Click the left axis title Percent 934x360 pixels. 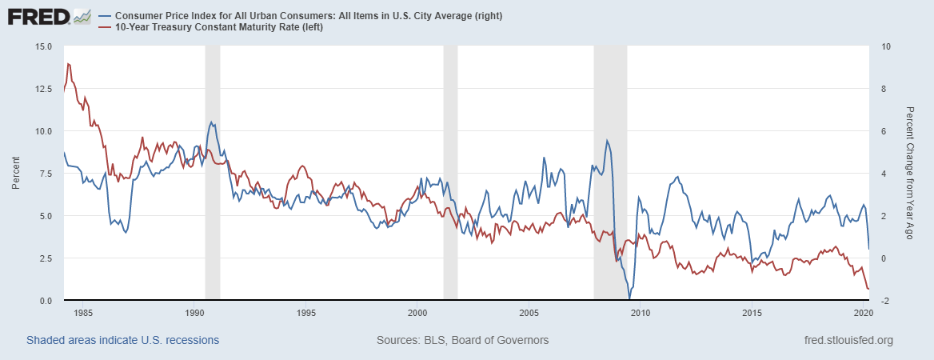pyautogui.click(x=16, y=173)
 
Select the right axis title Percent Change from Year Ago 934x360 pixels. pyautogui.click(x=911, y=173)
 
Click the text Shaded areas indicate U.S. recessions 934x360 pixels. pyautogui.click(x=122, y=340)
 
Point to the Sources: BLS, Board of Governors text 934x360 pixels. pyautogui.click(x=462, y=340)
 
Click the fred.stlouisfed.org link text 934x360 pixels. pyautogui.click(x=848, y=340)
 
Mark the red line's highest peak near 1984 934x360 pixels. pyautogui.click(x=69, y=64)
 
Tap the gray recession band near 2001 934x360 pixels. pyautogui.click(x=450, y=173)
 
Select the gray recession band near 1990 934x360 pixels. pyautogui.click(x=213, y=173)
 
